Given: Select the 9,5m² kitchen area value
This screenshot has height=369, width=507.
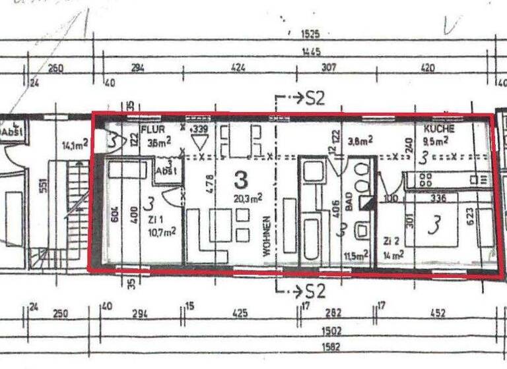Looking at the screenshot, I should coord(437,140).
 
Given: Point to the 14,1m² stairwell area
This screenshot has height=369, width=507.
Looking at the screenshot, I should coord(74,144).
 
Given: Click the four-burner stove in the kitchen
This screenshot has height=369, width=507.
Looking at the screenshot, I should coord(420,179).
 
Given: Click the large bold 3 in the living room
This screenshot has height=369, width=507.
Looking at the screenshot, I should coord(241,179).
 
